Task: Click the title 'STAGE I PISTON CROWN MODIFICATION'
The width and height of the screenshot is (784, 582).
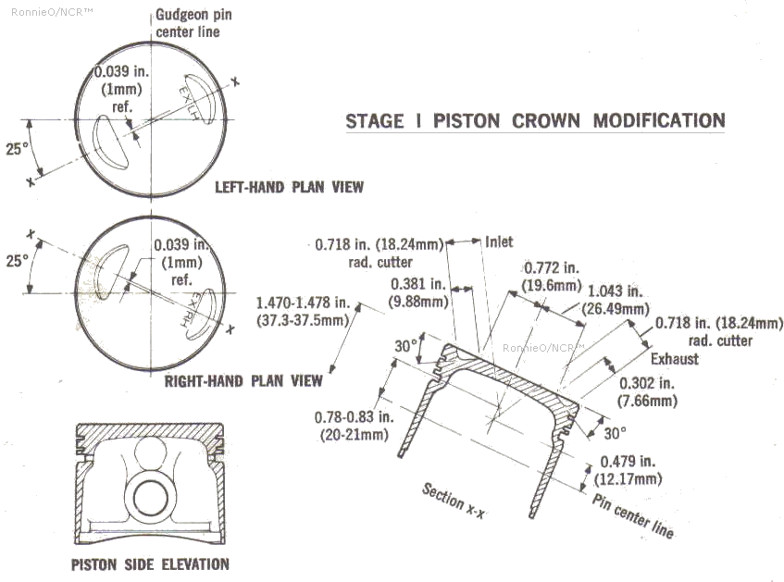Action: (x=535, y=121)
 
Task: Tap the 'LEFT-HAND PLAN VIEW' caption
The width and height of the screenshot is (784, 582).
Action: (x=289, y=187)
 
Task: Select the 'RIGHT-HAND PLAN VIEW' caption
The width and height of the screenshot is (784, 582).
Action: (x=243, y=380)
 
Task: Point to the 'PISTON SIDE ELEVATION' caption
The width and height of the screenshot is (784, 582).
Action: (x=150, y=563)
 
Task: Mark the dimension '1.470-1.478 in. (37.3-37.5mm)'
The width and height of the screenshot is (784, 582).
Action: (x=303, y=311)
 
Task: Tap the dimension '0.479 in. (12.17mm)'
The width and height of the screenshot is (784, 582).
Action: (x=630, y=470)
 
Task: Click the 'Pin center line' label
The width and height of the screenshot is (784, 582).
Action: (x=633, y=514)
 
